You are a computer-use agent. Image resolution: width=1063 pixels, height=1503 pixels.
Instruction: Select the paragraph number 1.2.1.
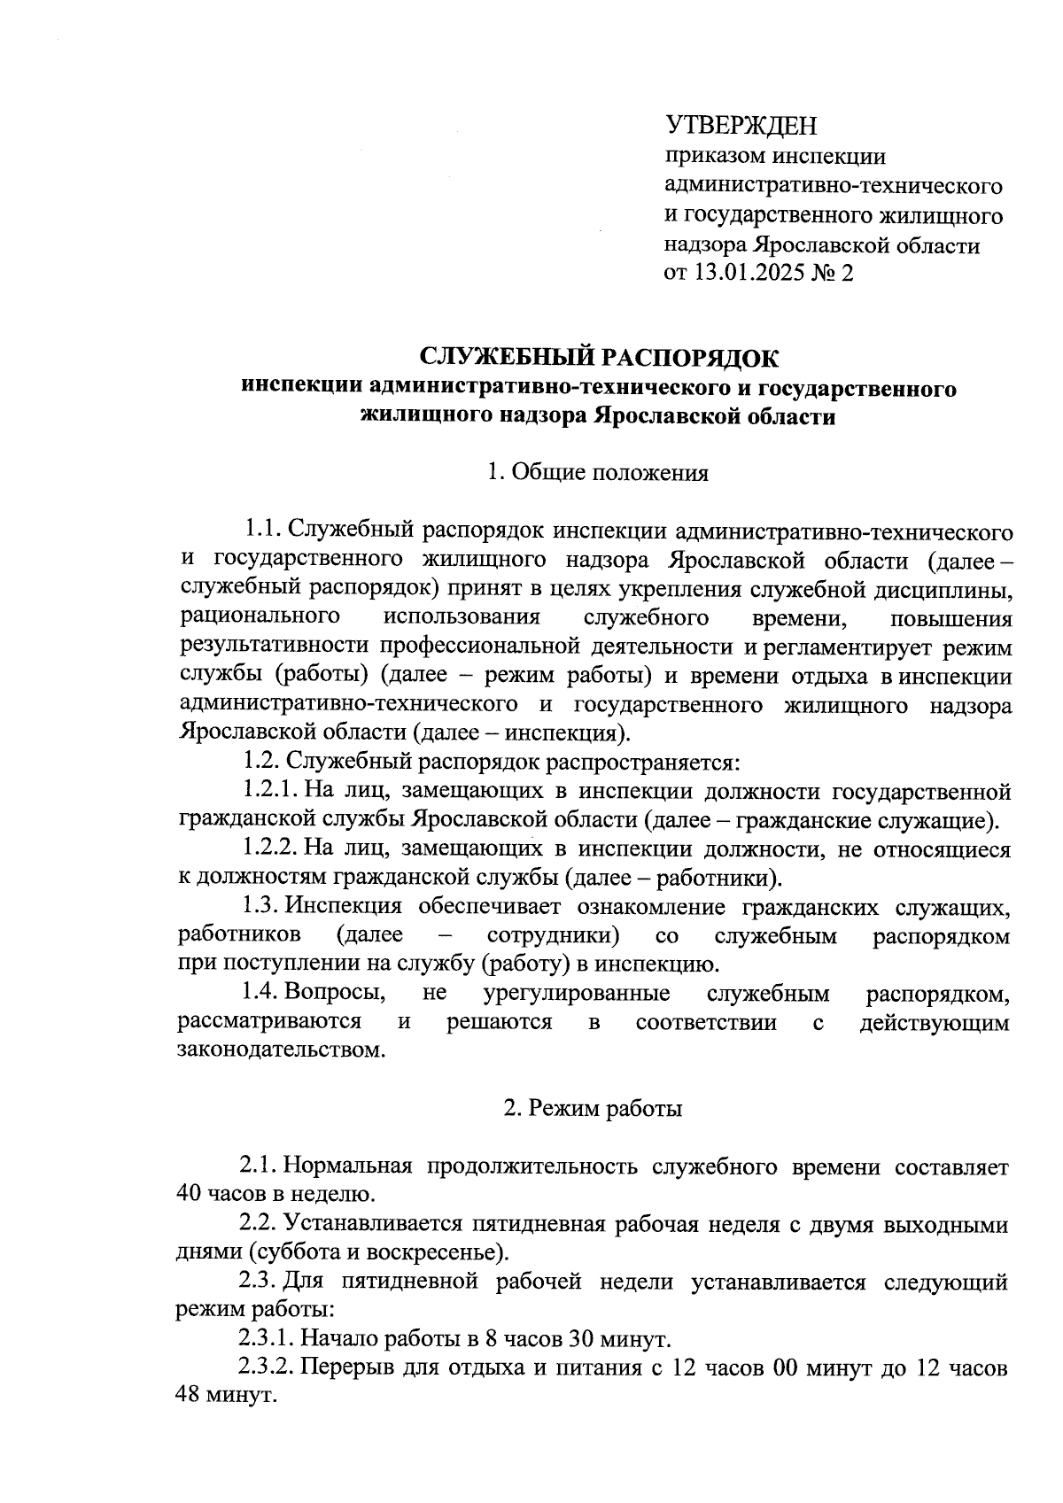pyautogui.click(x=271, y=790)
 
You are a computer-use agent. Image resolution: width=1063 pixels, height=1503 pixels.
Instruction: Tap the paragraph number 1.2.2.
pyautogui.click(x=271, y=848)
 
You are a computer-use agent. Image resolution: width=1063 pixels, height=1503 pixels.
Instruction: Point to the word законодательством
pyautogui.click(x=282, y=1051)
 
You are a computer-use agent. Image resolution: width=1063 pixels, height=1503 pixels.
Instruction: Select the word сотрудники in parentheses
pyautogui.click(x=553, y=935)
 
